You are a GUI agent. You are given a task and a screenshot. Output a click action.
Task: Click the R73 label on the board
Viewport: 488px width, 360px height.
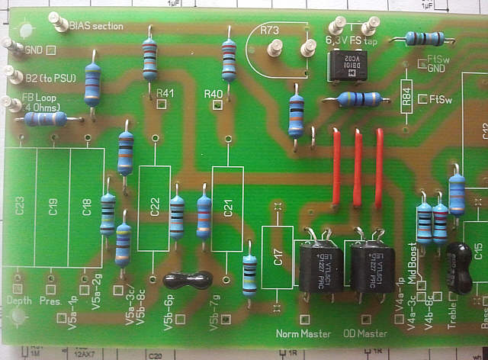[x=268, y=31]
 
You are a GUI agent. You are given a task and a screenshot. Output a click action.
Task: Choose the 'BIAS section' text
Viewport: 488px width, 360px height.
[x=95, y=25]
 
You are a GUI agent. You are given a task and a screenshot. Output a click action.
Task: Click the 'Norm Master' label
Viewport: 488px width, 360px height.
[x=303, y=334]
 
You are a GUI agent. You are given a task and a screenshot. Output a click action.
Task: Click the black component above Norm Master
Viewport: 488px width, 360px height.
[x=318, y=267]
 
